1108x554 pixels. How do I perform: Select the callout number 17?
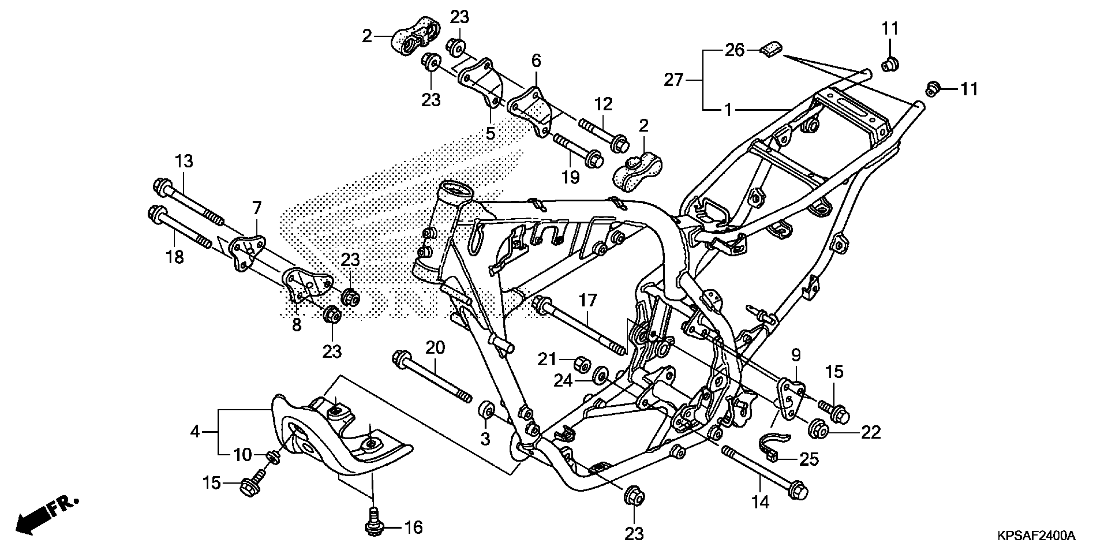click(x=588, y=300)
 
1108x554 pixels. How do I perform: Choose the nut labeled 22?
click(x=819, y=430)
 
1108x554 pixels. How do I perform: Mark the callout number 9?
click(x=796, y=355)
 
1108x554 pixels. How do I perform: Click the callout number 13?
click(x=184, y=162)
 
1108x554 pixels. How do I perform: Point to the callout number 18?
click(x=175, y=257)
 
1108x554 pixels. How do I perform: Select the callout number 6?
click(x=536, y=61)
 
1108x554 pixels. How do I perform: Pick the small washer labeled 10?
click(x=272, y=457)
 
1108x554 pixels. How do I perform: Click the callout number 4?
click(x=195, y=431)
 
